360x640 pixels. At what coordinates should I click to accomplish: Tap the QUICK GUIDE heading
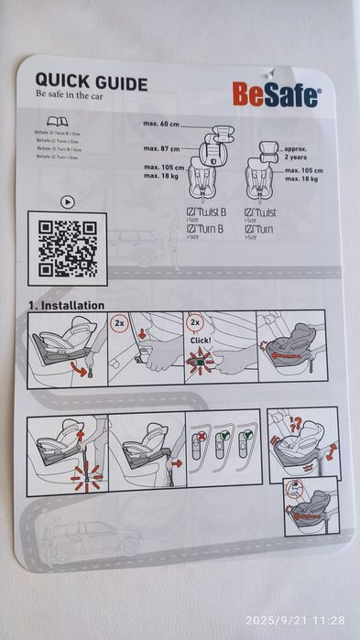tap(91, 84)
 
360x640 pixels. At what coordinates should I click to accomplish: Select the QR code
tap(62, 244)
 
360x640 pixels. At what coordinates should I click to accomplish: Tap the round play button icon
tap(66, 201)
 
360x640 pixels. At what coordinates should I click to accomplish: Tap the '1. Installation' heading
tap(66, 305)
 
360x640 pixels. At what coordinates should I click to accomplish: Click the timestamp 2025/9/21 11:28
tap(294, 620)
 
